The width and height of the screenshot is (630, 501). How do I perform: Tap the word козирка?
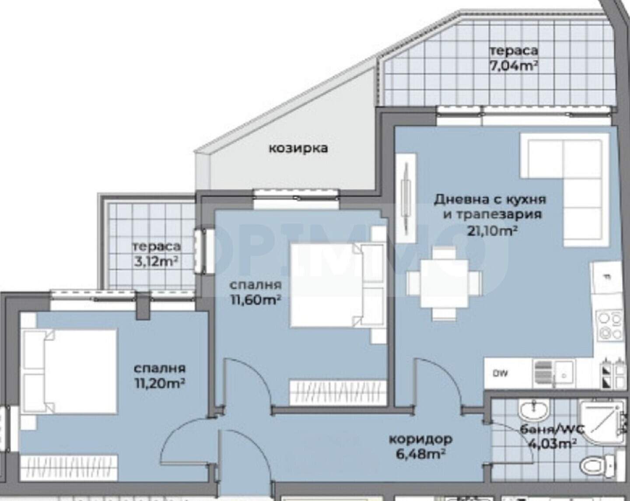click(x=298, y=148)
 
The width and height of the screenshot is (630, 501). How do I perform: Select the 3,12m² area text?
click(x=156, y=261)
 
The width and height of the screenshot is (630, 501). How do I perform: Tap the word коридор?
click(x=421, y=439)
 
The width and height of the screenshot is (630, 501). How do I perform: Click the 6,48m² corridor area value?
click(x=421, y=455)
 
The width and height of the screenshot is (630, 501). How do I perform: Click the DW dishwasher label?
click(x=500, y=374)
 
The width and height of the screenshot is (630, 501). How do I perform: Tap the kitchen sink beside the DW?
click(x=554, y=374)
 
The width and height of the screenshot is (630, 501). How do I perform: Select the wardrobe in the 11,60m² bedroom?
click(x=337, y=393)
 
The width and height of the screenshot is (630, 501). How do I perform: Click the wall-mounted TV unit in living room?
click(x=406, y=198)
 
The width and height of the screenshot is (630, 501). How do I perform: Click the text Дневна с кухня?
click(x=490, y=200)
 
